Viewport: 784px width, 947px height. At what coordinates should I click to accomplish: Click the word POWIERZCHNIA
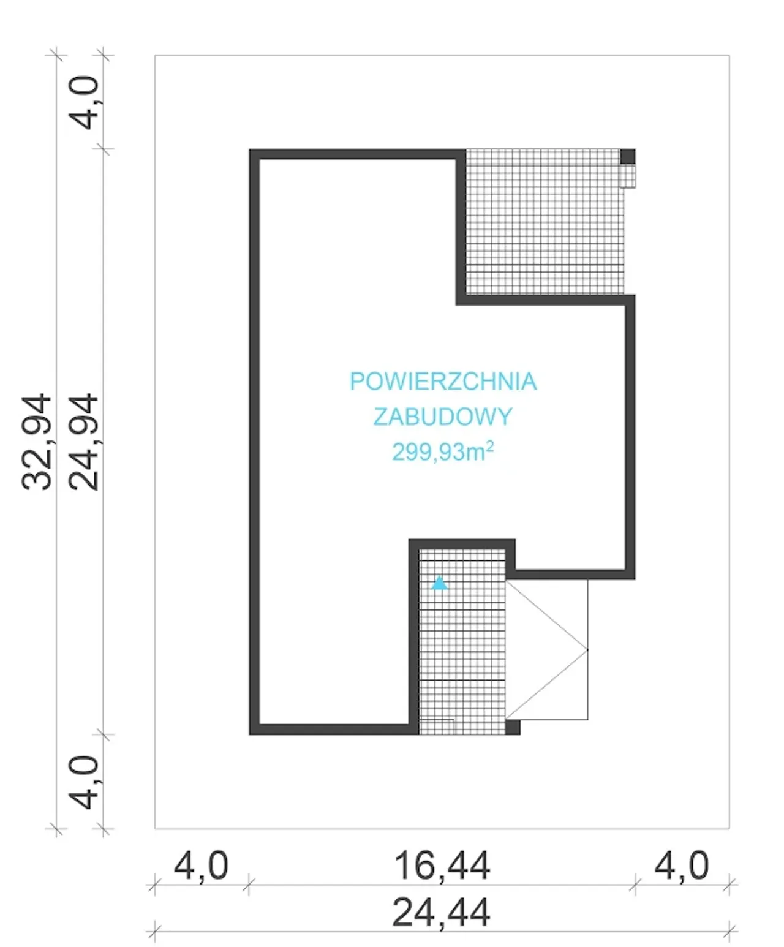click(443, 382)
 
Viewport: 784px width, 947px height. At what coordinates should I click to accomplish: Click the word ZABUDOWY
click(443, 417)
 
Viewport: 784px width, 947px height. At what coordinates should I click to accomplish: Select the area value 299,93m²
click(443, 451)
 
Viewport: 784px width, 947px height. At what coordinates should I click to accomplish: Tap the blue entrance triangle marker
click(439, 583)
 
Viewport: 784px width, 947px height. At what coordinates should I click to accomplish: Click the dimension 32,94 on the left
click(36, 442)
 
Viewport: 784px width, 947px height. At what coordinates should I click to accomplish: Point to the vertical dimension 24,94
click(83, 442)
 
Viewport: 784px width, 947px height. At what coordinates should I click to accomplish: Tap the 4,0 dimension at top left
click(83, 103)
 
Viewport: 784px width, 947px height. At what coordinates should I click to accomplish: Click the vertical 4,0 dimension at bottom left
click(83, 783)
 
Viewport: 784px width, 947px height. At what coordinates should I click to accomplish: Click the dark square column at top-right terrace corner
click(628, 156)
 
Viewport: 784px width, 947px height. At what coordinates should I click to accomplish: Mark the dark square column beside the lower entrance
click(513, 727)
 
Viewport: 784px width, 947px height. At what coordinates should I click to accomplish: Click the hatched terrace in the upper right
click(544, 222)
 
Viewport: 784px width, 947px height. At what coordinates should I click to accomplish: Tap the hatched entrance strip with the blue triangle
click(462, 642)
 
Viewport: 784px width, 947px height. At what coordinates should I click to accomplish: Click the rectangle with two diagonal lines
click(546, 649)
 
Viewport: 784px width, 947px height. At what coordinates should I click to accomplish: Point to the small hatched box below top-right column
click(628, 176)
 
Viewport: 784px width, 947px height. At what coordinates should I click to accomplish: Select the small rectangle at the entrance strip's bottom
click(436, 727)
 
